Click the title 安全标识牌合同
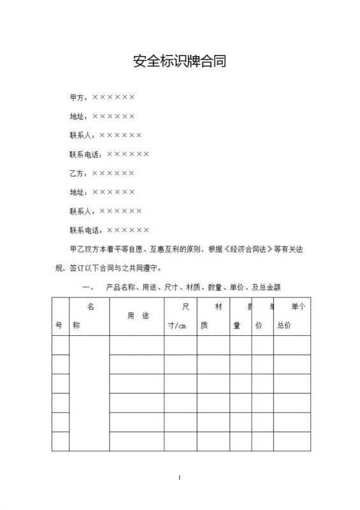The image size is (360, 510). [x=180, y=61]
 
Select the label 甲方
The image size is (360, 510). [x=77, y=98]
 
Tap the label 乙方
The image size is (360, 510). [x=77, y=173]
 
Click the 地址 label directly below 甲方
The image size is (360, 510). [x=77, y=117]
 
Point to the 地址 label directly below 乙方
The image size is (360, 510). [x=77, y=192]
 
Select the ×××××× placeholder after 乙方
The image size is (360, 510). [x=113, y=173]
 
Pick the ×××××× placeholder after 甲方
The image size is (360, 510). [x=113, y=98]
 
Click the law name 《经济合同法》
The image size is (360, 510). [x=247, y=249]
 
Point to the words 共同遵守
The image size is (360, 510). [x=147, y=268]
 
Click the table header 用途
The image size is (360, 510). [x=138, y=316]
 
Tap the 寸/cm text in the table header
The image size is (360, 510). [x=176, y=326]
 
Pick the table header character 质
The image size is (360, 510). [x=204, y=326]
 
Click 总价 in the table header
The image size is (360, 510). [x=284, y=326]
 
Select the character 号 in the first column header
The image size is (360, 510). [x=59, y=326]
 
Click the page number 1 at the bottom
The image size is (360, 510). [x=180, y=477]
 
